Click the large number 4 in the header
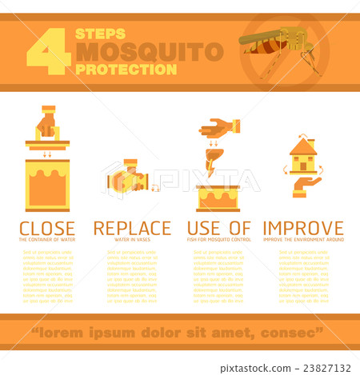(x=48, y=53)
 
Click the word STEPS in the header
(x=100, y=34)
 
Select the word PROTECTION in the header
(x=126, y=70)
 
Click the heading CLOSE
(x=47, y=228)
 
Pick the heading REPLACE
(x=132, y=228)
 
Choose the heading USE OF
(x=218, y=228)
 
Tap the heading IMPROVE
(x=303, y=228)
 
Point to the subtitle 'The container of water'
(x=47, y=240)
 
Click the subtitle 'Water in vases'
(x=132, y=240)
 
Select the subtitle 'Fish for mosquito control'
(x=218, y=240)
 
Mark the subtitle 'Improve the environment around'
(x=303, y=240)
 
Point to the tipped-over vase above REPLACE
(x=126, y=180)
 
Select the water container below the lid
(x=47, y=185)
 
